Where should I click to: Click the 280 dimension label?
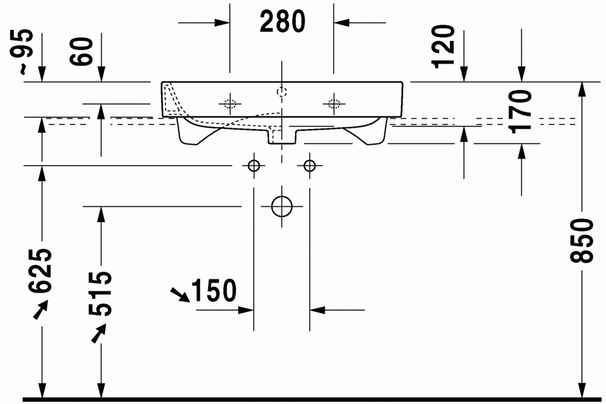[283, 21]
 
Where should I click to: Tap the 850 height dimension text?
[582, 240]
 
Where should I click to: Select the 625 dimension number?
[40, 271]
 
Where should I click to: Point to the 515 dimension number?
[99, 294]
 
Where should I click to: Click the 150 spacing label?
[214, 291]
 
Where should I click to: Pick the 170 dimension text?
[520, 112]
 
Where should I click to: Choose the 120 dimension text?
[444, 47]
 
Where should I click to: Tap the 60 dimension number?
[82, 51]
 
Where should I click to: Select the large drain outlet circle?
[282, 206]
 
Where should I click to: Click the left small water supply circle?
[254, 166]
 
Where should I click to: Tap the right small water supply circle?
[310, 166]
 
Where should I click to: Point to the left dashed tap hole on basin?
[230, 104]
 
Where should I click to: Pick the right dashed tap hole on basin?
[334, 104]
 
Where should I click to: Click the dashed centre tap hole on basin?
[282, 92]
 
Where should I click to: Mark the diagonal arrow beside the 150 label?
[181, 295]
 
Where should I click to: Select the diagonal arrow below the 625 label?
[40, 310]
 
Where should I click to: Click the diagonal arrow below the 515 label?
[98, 334]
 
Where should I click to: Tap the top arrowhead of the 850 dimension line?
[582, 89]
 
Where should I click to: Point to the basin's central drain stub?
[282, 135]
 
